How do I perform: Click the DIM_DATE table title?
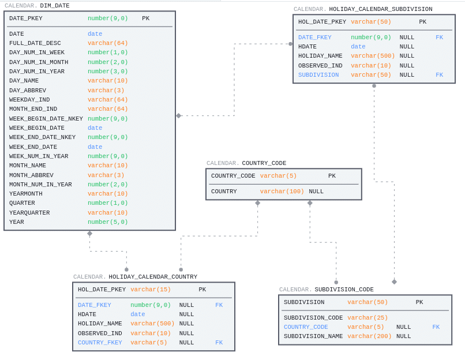click(x=54, y=6)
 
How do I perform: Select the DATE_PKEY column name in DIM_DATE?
click(x=25, y=18)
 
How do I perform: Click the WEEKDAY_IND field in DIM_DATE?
click(x=29, y=100)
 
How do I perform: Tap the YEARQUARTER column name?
click(x=29, y=213)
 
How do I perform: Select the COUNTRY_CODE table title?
click(x=264, y=163)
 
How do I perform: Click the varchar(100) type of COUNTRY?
click(x=282, y=192)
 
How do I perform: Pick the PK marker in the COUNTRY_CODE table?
click(x=332, y=176)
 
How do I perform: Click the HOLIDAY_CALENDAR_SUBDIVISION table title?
click(x=380, y=9)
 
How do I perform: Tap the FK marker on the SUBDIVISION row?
click(x=439, y=75)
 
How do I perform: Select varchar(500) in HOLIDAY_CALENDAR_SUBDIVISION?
click(x=373, y=56)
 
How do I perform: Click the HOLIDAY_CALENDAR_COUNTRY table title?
click(x=153, y=277)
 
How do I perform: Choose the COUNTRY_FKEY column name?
click(x=100, y=343)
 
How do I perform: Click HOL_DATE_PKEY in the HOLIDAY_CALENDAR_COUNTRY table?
click(x=102, y=290)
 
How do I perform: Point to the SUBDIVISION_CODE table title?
click(x=344, y=290)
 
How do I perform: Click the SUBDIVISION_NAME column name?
click(x=313, y=336)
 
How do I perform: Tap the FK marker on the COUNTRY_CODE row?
click(x=436, y=327)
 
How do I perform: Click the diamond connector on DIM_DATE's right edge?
click(x=178, y=116)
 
